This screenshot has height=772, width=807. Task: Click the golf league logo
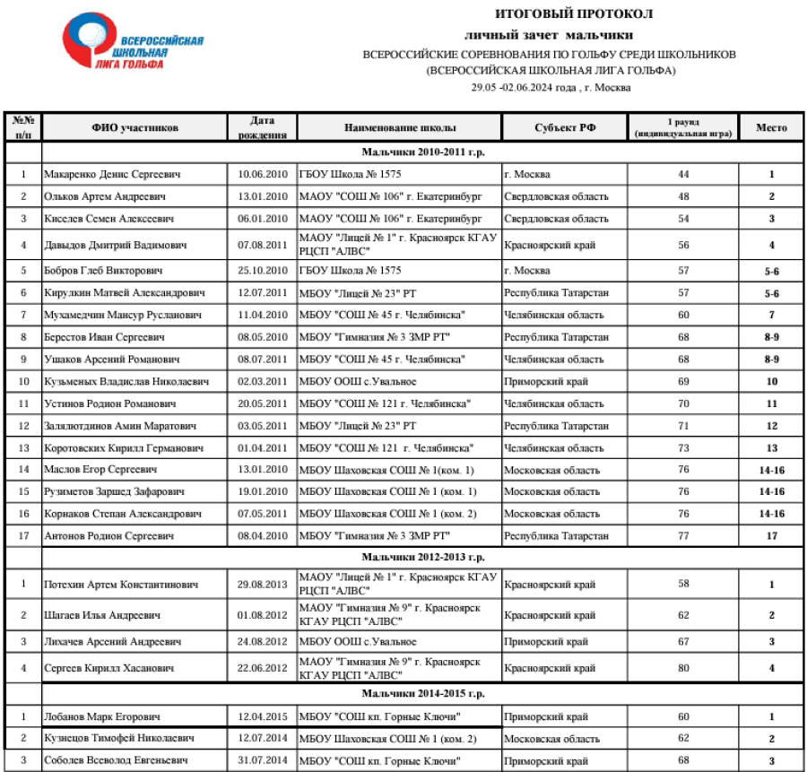pyautogui.click(x=132, y=44)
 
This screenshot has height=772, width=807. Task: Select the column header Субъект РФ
pyautogui.click(x=565, y=127)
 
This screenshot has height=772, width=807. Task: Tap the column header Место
pyautogui.click(x=771, y=127)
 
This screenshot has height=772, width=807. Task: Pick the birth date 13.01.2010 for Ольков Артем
pyautogui.click(x=262, y=196)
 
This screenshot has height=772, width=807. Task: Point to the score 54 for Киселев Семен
pyautogui.click(x=683, y=219)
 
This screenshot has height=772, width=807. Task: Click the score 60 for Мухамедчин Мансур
pyautogui.click(x=683, y=315)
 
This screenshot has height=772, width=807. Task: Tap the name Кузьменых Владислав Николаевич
pyautogui.click(x=126, y=382)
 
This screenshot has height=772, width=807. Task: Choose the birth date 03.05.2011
pyautogui.click(x=262, y=426)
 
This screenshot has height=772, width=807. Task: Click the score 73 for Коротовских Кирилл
pyautogui.click(x=683, y=447)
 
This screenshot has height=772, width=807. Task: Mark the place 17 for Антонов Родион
pyautogui.click(x=771, y=536)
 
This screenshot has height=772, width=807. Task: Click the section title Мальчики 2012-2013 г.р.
pyautogui.click(x=423, y=558)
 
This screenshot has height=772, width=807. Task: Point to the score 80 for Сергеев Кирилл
pyautogui.click(x=683, y=668)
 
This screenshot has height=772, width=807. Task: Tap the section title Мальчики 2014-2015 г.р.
pyautogui.click(x=423, y=694)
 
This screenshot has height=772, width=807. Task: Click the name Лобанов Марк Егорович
pyautogui.click(x=102, y=717)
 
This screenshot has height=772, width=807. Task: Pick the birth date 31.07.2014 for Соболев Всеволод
pyautogui.click(x=262, y=760)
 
